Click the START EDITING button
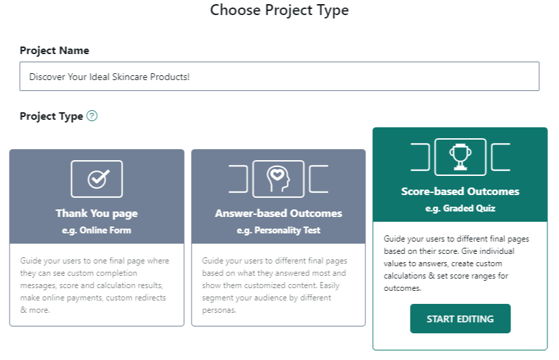point(460,319)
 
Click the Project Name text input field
point(279,76)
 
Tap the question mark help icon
point(92,116)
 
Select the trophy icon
point(460,157)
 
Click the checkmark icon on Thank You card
point(99,179)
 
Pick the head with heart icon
point(278,179)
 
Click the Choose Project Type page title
point(279,10)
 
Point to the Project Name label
point(54,51)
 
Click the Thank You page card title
point(96,213)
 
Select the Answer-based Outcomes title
point(278,213)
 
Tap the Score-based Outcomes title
point(460,192)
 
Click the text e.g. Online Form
point(96,230)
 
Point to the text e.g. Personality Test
point(278,230)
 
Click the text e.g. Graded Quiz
point(460,208)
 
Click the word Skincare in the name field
point(130,77)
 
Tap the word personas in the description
point(219,310)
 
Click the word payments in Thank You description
point(83,298)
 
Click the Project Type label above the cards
point(51,116)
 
